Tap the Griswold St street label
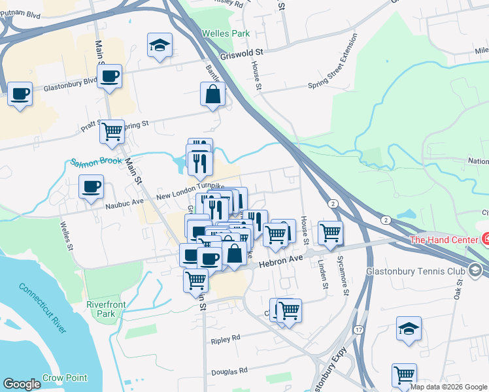coord(241,51)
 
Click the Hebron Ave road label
coord(282,261)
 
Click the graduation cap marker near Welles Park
coord(160,46)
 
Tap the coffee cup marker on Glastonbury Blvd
coord(110,77)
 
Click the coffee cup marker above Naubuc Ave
coord(91,188)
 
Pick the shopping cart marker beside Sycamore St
coord(330,232)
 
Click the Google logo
coord(22,384)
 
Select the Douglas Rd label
coord(229,370)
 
